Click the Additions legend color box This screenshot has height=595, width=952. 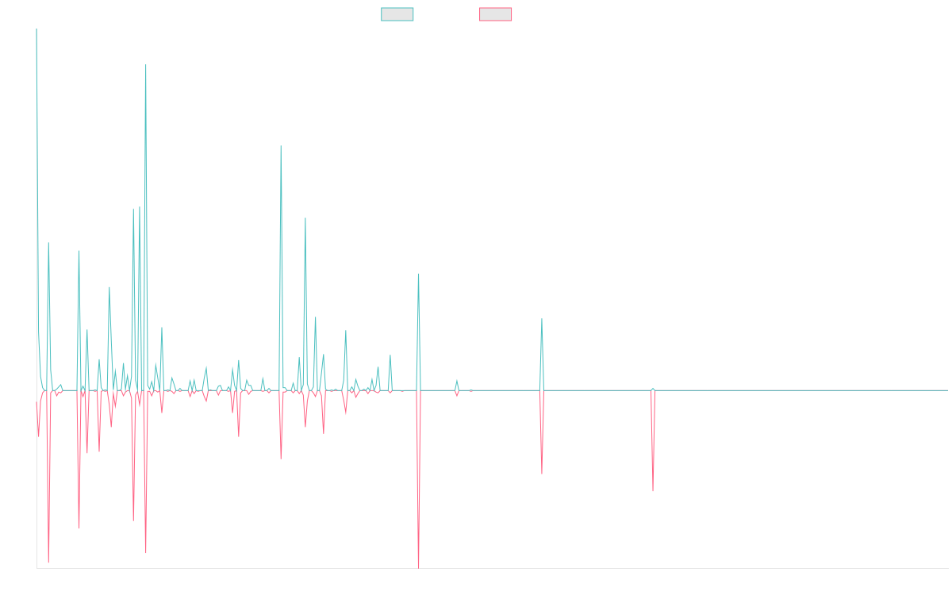[397, 14]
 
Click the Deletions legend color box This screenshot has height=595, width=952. [496, 14]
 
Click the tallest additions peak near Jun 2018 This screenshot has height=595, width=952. [146, 65]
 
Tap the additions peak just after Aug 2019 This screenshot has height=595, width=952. [280, 146]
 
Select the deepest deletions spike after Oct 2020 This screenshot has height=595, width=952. [418, 567]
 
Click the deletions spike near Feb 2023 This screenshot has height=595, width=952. [653, 491]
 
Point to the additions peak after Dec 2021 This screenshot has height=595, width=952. [542, 320]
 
